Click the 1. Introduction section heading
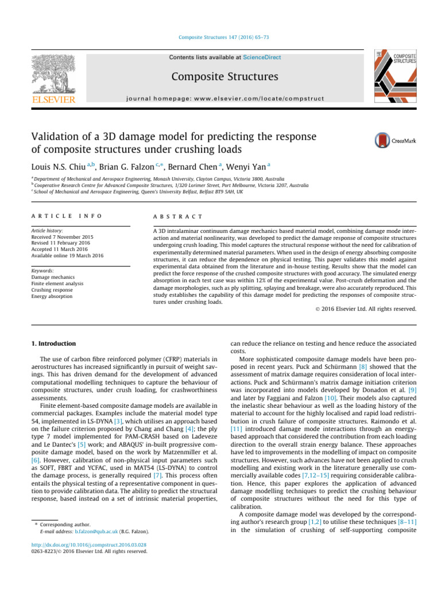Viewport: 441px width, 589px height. [x=53, y=343]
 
